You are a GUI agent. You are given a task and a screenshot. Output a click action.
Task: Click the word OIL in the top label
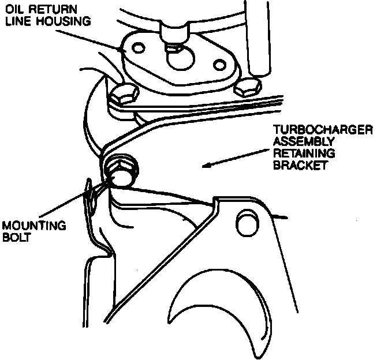click(16, 10)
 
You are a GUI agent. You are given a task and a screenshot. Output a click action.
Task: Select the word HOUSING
click(64, 21)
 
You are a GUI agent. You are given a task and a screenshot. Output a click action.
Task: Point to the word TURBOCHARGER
click(323, 130)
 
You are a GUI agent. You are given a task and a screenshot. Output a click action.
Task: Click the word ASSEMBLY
click(304, 141)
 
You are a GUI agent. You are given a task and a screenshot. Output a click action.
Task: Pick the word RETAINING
click(304, 153)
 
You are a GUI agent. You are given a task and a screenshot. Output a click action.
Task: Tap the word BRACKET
click(300, 165)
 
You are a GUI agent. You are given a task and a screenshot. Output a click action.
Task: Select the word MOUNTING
click(34, 226)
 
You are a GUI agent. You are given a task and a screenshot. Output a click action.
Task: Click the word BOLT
click(16, 237)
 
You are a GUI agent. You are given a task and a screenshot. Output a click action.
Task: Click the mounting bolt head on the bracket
click(121, 171)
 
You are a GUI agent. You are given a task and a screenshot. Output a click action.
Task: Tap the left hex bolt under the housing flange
click(124, 95)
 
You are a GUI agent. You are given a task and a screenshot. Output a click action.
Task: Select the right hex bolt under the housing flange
click(248, 88)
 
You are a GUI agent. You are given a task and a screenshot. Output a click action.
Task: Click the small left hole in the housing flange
click(139, 48)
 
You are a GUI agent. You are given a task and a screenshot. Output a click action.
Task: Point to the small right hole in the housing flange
click(219, 65)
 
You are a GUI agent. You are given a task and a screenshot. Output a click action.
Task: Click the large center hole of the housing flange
click(181, 58)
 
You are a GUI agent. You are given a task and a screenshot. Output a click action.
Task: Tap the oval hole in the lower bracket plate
click(248, 222)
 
